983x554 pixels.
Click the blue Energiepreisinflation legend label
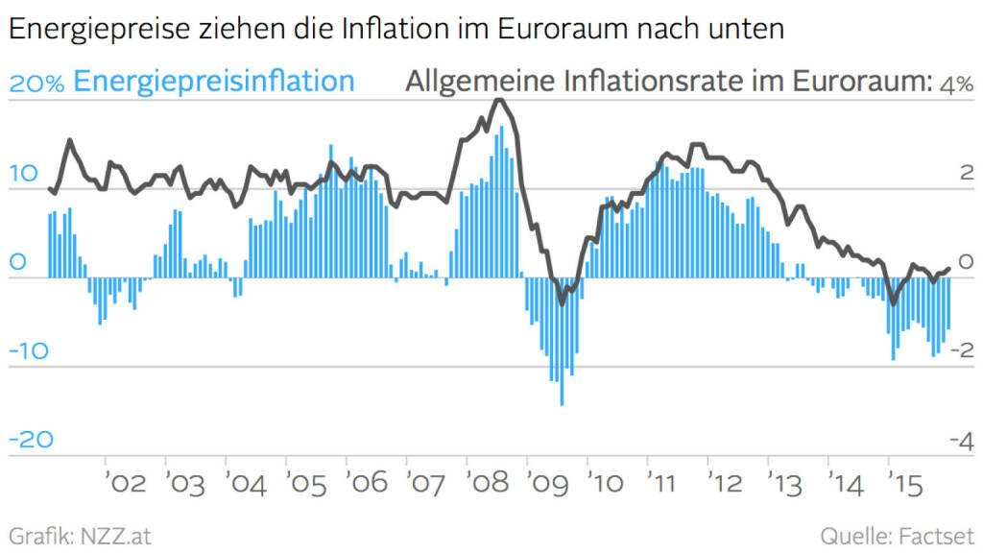tap(213, 82)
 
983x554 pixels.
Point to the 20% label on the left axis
tap(36, 84)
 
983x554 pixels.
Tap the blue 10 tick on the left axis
tap(25, 174)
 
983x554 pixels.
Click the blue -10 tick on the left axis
tap(28, 350)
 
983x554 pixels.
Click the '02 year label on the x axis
tap(126, 482)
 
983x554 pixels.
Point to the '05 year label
tap(307, 482)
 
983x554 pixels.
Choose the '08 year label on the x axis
tap(489, 482)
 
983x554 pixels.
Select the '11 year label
tap(669, 482)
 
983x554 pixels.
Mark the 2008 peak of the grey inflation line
tap(497, 100)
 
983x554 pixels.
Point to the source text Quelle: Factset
tap(897, 535)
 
